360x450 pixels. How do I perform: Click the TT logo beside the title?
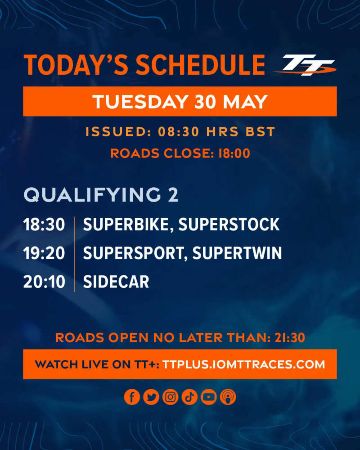point(305,65)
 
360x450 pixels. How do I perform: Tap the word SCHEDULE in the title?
point(200,65)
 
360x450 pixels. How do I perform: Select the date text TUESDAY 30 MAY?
point(180,102)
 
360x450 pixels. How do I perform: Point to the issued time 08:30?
point(179,132)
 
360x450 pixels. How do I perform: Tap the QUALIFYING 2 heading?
point(101,195)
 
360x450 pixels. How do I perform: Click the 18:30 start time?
point(44,225)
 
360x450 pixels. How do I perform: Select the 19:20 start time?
point(44,253)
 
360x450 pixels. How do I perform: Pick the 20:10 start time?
point(44,282)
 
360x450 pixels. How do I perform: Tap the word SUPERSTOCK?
point(229,225)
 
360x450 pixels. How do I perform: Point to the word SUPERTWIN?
point(237,253)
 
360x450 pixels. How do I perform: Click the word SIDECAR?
point(116,282)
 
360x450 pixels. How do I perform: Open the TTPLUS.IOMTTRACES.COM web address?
point(244,364)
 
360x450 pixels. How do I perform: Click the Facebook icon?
point(132,397)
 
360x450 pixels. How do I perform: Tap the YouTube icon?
point(209,397)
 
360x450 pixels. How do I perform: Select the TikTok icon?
point(189,397)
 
